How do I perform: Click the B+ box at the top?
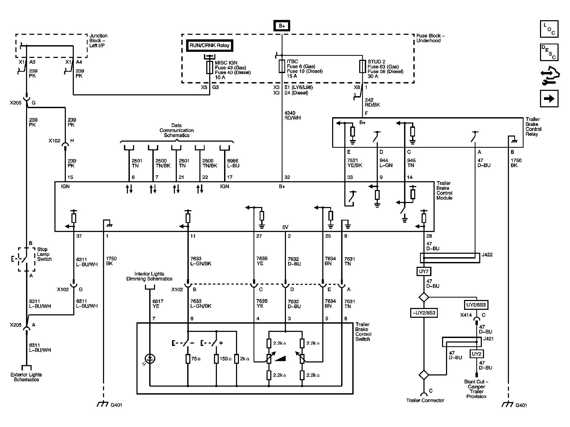click(282, 26)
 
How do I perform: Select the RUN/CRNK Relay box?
click(209, 45)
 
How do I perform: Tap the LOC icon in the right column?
click(549, 29)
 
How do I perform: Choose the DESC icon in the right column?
click(549, 52)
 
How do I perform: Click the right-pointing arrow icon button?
click(549, 99)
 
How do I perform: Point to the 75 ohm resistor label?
click(196, 359)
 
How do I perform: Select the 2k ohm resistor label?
click(245, 359)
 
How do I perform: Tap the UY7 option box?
click(424, 271)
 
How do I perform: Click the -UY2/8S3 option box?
click(424, 313)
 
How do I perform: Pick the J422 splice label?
click(487, 255)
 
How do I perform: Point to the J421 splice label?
click(488, 339)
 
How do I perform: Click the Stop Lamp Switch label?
click(44, 254)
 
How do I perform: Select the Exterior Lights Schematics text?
click(26, 377)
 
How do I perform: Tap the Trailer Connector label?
click(425, 400)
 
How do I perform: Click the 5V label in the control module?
click(285, 227)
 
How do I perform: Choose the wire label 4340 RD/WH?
click(292, 116)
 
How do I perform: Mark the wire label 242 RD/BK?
click(372, 102)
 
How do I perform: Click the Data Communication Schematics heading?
click(177, 130)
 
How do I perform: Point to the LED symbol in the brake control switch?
click(150, 359)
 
